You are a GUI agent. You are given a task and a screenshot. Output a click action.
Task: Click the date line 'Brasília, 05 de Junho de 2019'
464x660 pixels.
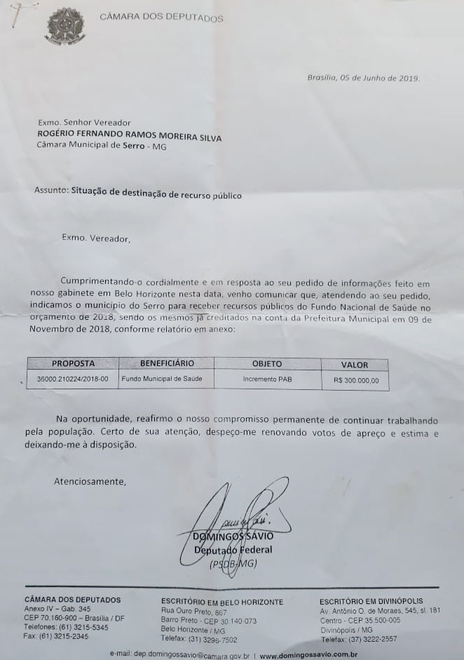pyautogui.click(x=364, y=78)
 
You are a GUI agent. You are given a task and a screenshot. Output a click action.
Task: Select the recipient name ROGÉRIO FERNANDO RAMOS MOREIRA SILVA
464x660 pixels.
pyautogui.click(x=130, y=137)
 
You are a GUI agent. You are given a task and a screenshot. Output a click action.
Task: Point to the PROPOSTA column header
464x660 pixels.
pyautogui.click(x=73, y=363)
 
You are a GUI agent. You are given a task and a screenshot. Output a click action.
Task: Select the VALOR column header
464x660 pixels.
pyautogui.click(x=354, y=365)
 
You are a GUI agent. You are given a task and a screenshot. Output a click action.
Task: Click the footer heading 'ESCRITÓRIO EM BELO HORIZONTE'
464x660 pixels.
pyautogui.click(x=222, y=602)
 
